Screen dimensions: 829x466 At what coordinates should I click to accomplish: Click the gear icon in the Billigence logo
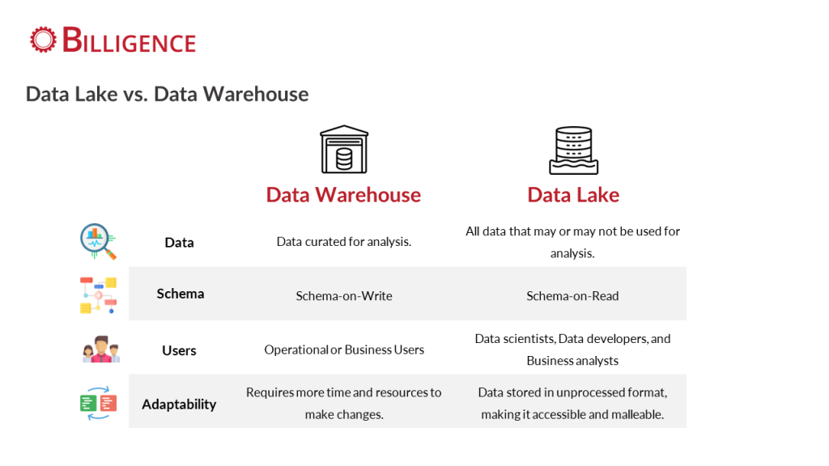43,40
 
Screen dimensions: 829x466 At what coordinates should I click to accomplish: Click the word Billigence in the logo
129,40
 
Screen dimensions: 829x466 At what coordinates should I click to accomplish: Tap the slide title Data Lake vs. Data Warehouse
167,94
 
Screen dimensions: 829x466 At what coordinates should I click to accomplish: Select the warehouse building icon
343,150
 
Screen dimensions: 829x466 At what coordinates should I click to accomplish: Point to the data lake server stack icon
574,150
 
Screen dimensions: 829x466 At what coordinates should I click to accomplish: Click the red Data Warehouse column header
343,195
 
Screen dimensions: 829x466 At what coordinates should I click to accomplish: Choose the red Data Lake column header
573,195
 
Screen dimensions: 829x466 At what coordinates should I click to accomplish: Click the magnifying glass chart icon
98,241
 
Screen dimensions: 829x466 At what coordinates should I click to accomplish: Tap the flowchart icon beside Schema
98,294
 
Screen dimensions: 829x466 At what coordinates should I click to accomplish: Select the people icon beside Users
101,349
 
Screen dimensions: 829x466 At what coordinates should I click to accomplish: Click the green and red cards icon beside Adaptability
98,404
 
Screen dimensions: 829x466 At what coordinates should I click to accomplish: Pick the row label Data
179,243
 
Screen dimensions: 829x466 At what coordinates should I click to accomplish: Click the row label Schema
181,294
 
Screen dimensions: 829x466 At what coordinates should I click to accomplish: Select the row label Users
179,350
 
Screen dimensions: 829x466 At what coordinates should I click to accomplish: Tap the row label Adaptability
179,405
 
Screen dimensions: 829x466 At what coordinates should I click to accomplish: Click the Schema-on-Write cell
344,296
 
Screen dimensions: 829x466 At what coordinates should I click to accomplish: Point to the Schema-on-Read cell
572,296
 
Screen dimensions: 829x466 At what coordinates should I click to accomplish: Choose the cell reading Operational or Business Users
344,349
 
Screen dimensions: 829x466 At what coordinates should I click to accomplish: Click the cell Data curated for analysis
343,242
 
